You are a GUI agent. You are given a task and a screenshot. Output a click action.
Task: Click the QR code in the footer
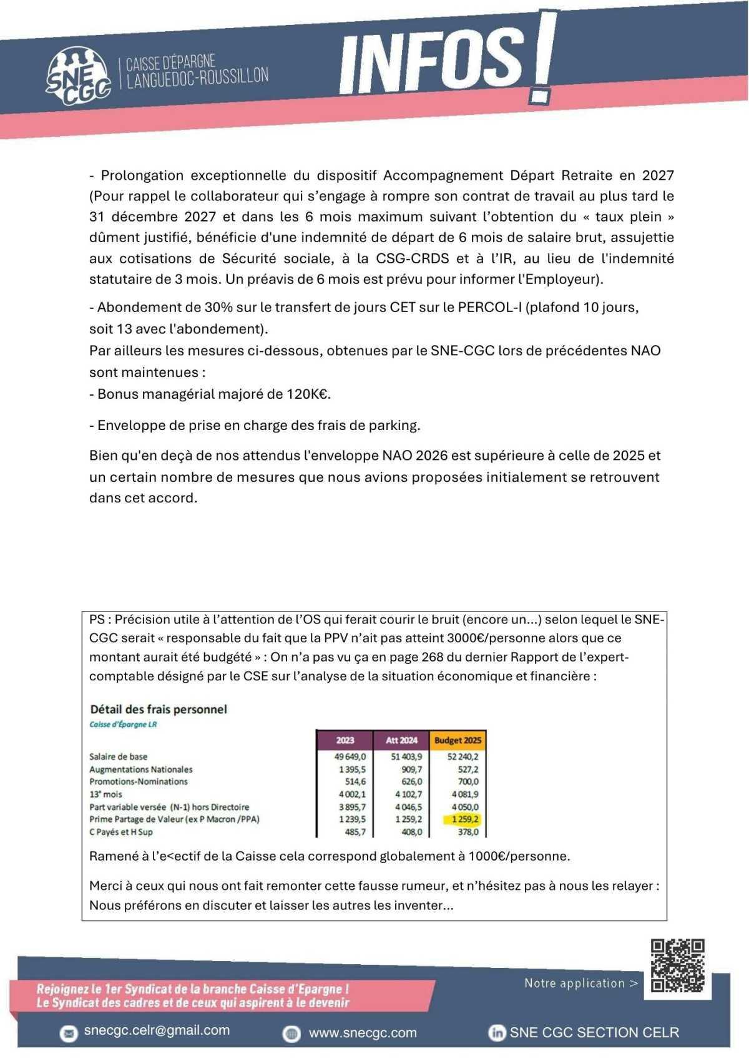click(677, 966)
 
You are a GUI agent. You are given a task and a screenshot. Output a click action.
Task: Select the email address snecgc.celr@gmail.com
click(157, 1031)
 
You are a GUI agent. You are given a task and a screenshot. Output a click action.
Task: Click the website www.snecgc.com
click(363, 1033)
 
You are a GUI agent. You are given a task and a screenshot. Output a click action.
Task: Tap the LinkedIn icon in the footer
click(497, 1033)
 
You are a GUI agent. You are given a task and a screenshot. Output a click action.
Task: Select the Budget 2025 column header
click(458, 740)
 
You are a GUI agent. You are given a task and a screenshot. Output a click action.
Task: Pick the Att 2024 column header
click(401, 740)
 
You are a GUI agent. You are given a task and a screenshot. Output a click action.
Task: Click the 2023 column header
click(345, 740)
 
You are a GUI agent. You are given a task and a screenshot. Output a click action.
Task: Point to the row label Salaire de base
click(118, 757)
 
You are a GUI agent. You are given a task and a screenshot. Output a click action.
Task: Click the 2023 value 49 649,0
click(350, 757)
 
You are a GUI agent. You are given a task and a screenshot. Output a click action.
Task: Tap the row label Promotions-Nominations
click(138, 782)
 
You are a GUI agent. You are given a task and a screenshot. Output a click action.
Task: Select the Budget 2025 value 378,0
click(468, 832)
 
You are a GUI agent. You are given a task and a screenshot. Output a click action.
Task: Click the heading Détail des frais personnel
click(159, 710)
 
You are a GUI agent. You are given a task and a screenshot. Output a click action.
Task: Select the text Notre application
click(574, 983)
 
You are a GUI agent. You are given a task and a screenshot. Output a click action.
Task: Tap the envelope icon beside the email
click(68, 1033)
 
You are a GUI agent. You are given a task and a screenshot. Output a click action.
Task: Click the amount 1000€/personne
click(518, 856)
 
